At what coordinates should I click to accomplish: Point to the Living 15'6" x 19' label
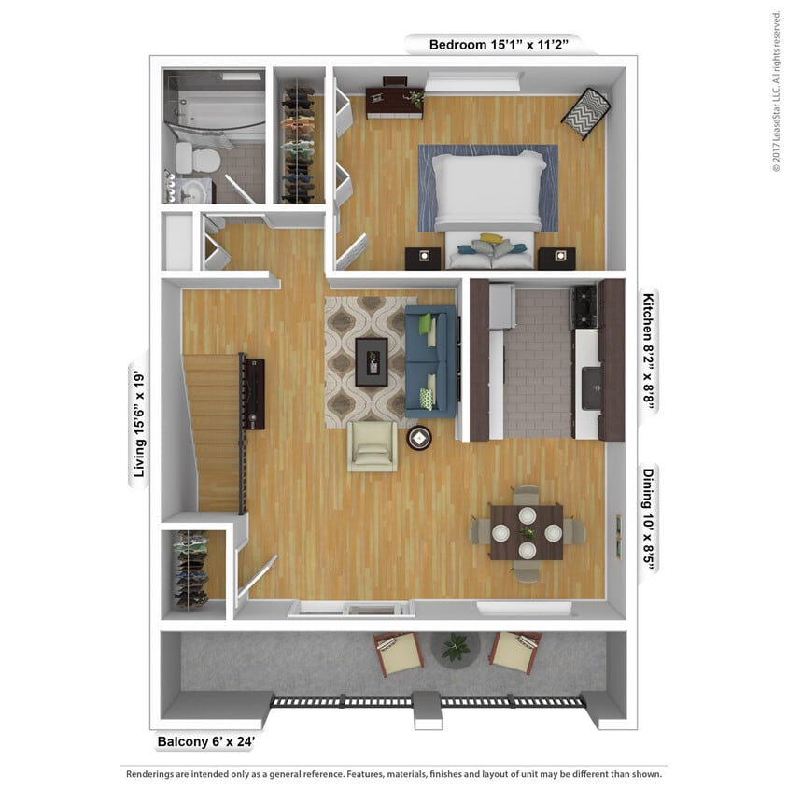[x=140, y=422]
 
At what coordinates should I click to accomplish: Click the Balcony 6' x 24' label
[x=204, y=743]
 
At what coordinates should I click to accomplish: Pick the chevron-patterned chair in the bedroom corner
[x=585, y=111]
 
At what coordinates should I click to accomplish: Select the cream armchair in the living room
[x=372, y=446]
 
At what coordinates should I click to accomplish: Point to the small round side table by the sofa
[x=419, y=437]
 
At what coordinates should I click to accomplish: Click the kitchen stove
[x=584, y=306]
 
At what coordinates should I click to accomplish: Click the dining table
[x=527, y=532]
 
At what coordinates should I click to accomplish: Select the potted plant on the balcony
[x=457, y=646]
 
